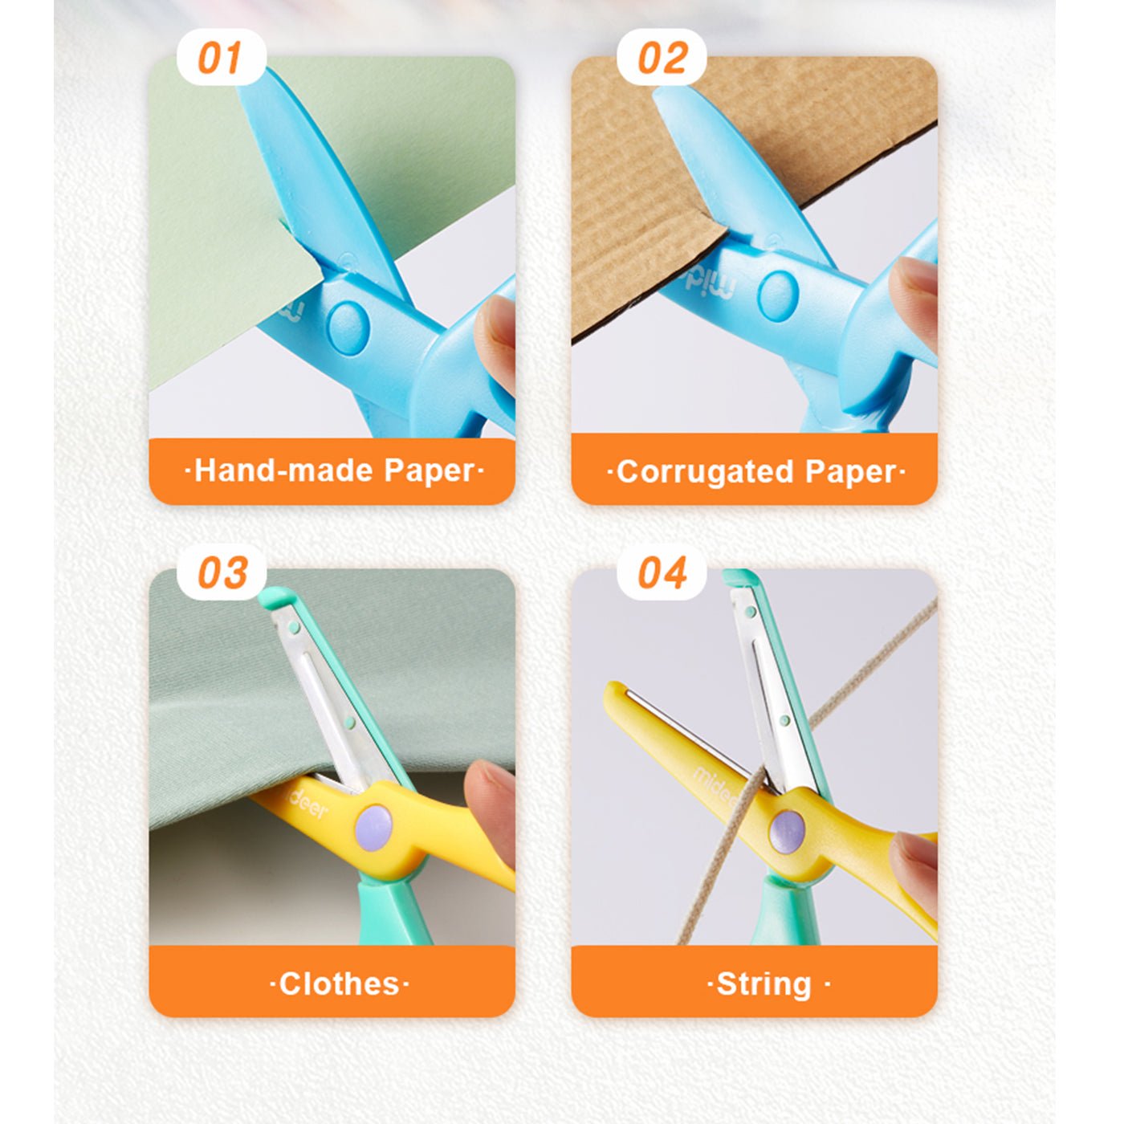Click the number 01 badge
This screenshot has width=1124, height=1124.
tap(221, 57)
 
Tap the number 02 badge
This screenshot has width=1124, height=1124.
tap(662, 57)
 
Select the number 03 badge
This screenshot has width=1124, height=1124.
tap(221, 572)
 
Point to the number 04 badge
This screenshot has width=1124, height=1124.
tap(662, 572)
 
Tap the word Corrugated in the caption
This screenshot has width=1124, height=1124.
tap(705, 471)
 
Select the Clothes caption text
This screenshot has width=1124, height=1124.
tap(340, 984)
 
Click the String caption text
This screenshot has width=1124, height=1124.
tap(764, 984)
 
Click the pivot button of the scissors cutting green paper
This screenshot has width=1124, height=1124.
tap(348, 328)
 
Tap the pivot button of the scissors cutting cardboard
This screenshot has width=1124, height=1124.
tap(778, 295)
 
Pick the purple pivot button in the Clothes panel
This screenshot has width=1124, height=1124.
tap(374, 827)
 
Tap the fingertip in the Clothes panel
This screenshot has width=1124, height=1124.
tap(489, 808)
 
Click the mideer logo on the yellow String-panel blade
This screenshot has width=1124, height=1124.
tap(715, 786)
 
